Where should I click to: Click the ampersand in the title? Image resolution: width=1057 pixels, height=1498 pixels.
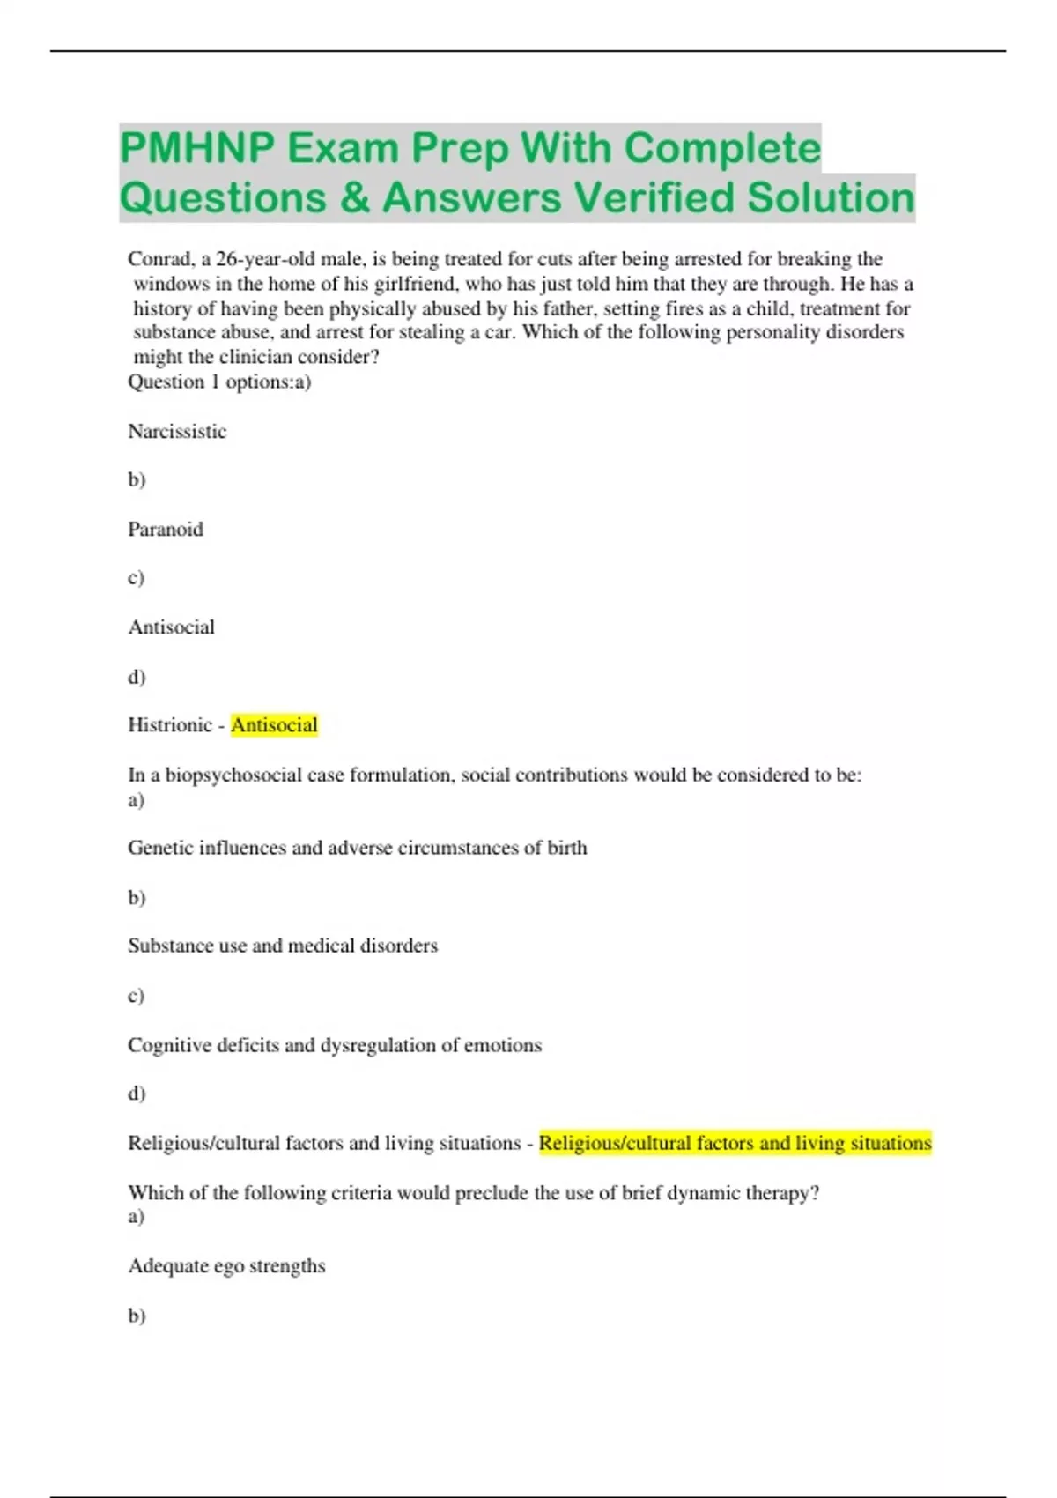[x=354, y=197]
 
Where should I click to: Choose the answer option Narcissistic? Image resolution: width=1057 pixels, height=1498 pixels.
[x=177, y=431]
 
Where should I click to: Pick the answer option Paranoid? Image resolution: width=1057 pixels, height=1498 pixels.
[x=166, y=529]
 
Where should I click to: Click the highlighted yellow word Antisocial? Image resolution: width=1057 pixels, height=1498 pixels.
[x=274, y=725]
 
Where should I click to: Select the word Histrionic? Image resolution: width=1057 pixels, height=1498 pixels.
[x=170, y=725]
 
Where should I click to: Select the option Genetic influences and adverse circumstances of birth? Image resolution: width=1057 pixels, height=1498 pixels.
[x=357, y=848]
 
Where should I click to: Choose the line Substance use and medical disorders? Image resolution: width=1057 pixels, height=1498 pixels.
[x=283, y=946]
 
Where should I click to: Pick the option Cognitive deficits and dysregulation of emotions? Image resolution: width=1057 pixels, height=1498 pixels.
[x=335, y=1045]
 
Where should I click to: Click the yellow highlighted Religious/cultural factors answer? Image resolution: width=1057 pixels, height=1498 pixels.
[x=735, y=1143]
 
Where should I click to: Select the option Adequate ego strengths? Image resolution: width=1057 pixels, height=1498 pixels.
[x=226, y=1266]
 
